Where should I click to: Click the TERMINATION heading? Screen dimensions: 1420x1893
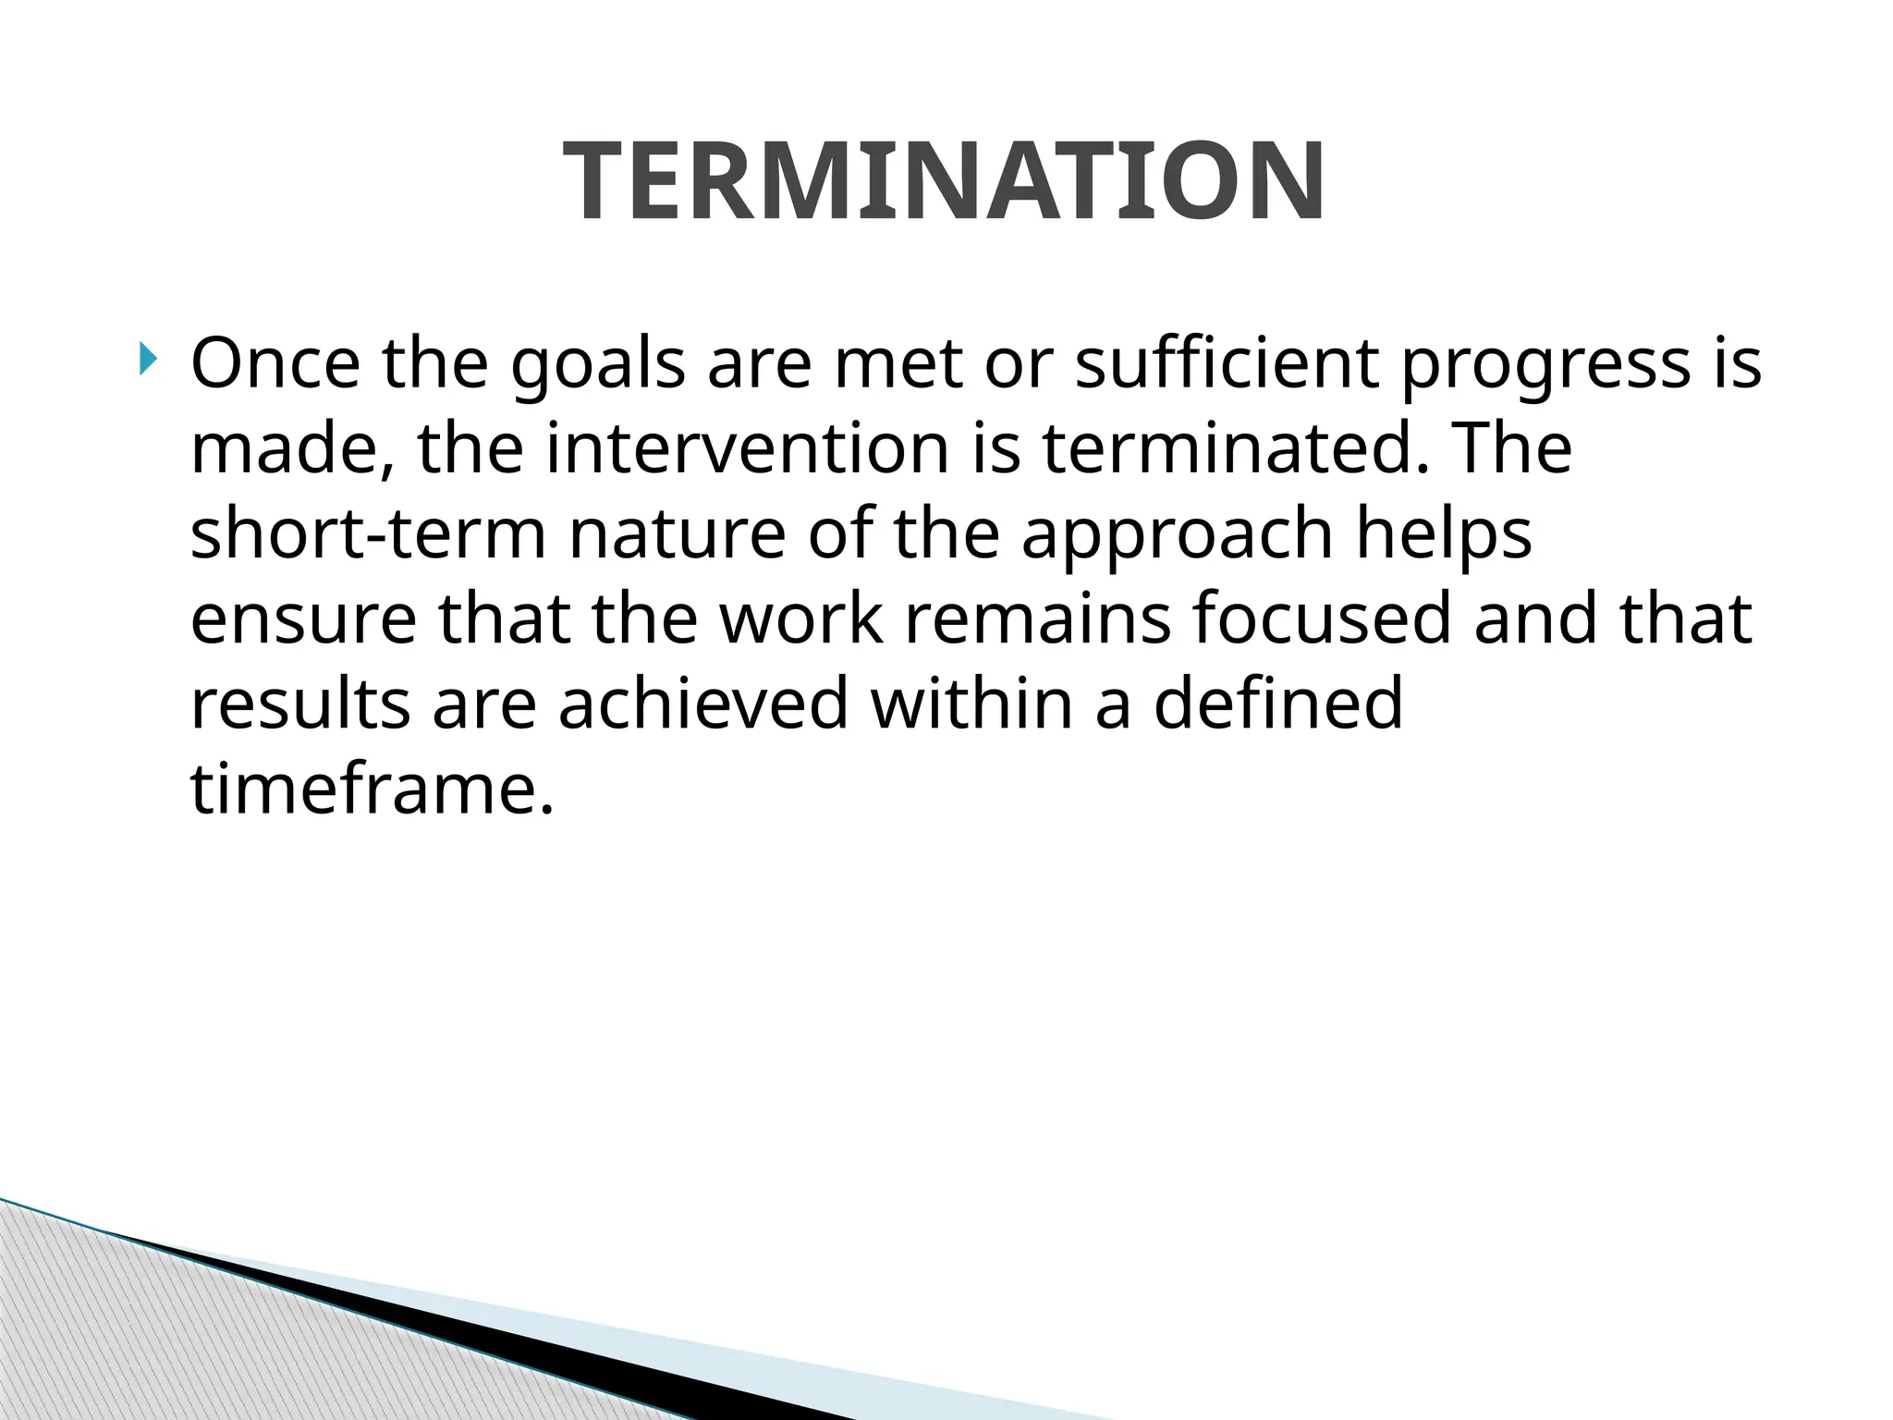(945, 181)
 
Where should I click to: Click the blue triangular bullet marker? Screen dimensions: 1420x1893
(150, 358)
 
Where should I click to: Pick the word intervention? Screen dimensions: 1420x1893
(747, 449)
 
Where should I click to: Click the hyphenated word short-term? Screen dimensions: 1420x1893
(368, 534)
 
